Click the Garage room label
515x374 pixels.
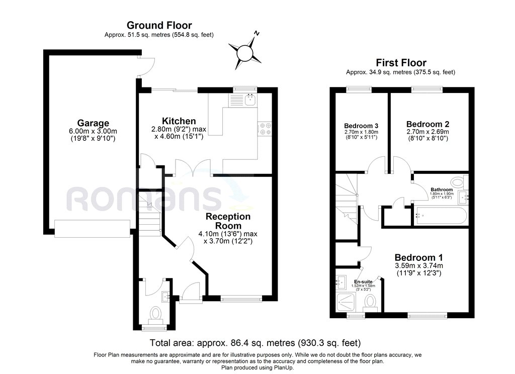tap(93, 123)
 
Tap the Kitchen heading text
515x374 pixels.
tap(179, 121)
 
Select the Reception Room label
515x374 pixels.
tap(228, 221)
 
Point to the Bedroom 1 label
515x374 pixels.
tap(418, 257)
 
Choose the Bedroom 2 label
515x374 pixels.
tap(427, 124)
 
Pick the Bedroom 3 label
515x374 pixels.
tap(361, 126)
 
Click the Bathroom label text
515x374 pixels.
tap(442, 190)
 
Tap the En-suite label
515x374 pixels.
tap(363, 282)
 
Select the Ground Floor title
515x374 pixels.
tap(159, 25)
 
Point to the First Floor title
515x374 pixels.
tap(401, 63)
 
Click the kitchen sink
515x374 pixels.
tap(250, 100)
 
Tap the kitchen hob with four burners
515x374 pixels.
tap(265, 129)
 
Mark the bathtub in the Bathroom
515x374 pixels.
tap(440, 216)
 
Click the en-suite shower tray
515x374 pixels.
tap(348, 302)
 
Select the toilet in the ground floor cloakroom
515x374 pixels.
tap(156, 315)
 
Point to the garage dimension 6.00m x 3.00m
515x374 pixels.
tap(93, 131)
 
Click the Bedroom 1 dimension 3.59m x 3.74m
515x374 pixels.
tap(419, 265)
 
